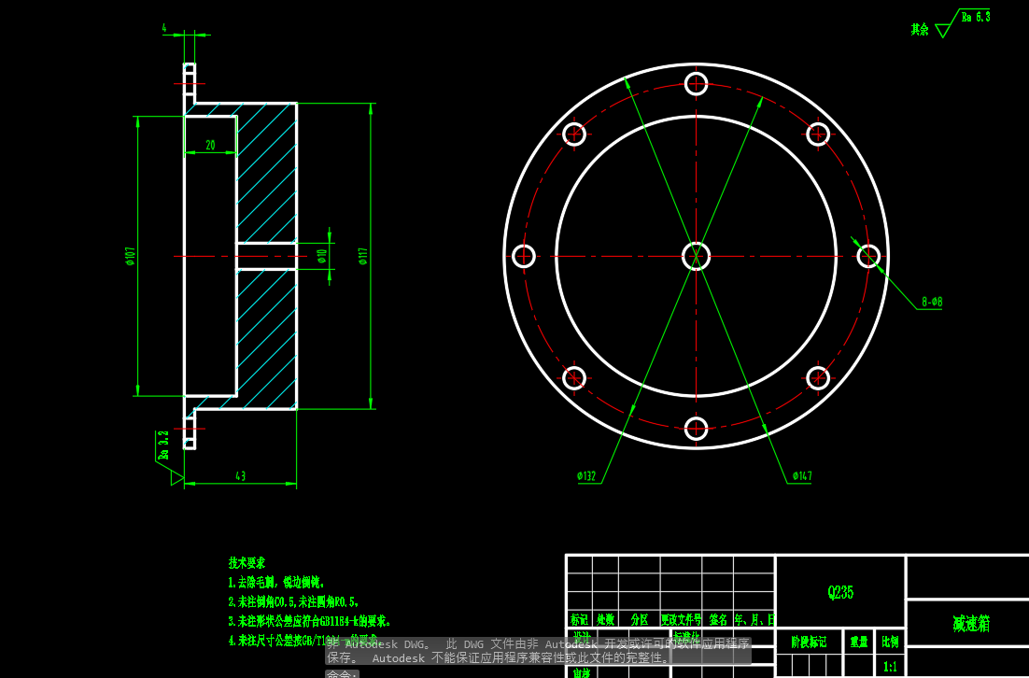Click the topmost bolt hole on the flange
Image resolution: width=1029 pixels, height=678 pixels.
point(696,83)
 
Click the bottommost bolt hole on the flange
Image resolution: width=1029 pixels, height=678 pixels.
point(696,428)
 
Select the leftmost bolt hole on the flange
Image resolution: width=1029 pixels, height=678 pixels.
point(524,256)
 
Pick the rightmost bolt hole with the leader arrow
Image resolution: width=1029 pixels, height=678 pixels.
point(868,256)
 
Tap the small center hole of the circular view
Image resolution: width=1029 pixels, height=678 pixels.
point(696,256)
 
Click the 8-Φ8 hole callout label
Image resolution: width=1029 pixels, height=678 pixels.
point(931,302)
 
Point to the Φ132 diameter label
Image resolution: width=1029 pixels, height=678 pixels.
point(586,476)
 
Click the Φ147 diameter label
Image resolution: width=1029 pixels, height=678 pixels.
point(802,476)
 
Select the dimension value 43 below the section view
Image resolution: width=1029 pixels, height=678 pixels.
point(240,476)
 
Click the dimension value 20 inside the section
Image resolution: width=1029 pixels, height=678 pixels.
point(210,146)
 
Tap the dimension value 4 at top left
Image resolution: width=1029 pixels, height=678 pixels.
point(164,29)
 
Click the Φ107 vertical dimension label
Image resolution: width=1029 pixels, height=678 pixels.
point(130,256)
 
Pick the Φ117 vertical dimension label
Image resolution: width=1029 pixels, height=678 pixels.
point(362,256)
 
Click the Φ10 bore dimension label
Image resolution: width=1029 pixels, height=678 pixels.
point(322,256)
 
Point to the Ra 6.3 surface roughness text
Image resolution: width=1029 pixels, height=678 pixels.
point(975,17)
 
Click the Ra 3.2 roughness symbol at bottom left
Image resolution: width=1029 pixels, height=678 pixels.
point(164,446)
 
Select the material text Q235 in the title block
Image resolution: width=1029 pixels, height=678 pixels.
point(840,592)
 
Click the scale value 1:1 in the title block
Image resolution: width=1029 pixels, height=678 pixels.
point(890,667)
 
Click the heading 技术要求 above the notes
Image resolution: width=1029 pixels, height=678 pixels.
point(247,563)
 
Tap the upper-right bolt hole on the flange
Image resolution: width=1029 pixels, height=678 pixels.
point(818,134)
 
